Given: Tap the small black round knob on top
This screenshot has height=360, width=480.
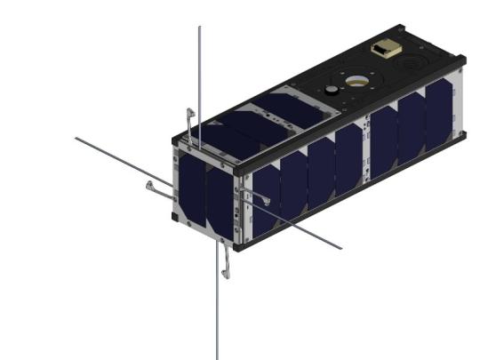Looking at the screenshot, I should pos(330,91).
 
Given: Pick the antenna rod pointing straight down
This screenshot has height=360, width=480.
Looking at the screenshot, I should pos(218,311).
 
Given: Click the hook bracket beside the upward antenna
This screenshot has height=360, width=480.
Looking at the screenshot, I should pos(189,119).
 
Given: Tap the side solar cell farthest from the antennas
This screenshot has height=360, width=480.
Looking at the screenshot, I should pos(437,116).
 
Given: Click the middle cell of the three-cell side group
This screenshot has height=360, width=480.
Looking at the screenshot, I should pos(411,125).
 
